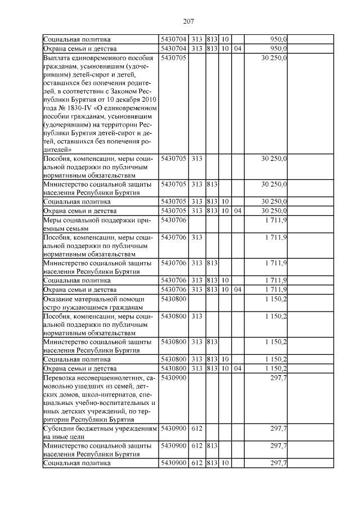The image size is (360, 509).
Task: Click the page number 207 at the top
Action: [x=188, y=21]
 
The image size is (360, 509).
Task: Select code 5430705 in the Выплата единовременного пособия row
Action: [x=173, y=58]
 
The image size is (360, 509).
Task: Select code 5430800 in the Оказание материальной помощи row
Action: [x=173, y=299]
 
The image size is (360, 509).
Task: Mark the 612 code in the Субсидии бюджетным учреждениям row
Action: [x=196, y=428]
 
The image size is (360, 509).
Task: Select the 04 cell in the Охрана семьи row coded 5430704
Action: [x=237, y=48]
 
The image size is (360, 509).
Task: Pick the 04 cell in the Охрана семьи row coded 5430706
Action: [x=237, y=289]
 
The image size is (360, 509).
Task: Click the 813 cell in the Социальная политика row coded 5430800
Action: [x=211, y=359]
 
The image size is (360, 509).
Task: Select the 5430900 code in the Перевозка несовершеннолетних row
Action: [x=173, y=377]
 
